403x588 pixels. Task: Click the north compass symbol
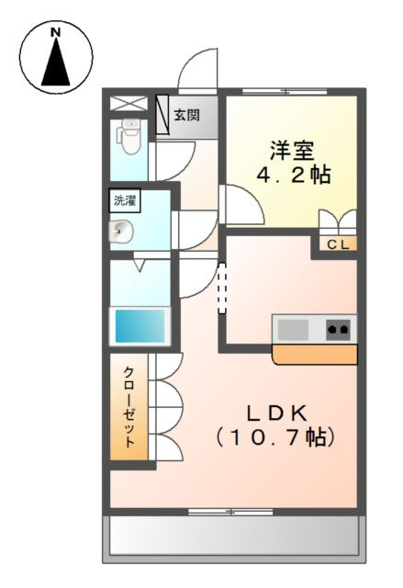56,58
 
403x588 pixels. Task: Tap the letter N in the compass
56,33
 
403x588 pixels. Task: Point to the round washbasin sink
121,231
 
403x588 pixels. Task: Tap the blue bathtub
140,325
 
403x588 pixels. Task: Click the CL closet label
337,244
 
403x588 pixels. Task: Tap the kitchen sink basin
295,328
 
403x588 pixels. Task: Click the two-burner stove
338,328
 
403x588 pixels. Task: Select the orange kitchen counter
315,354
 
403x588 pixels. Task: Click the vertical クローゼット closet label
129,405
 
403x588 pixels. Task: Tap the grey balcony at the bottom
233,537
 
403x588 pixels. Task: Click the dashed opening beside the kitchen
221,289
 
